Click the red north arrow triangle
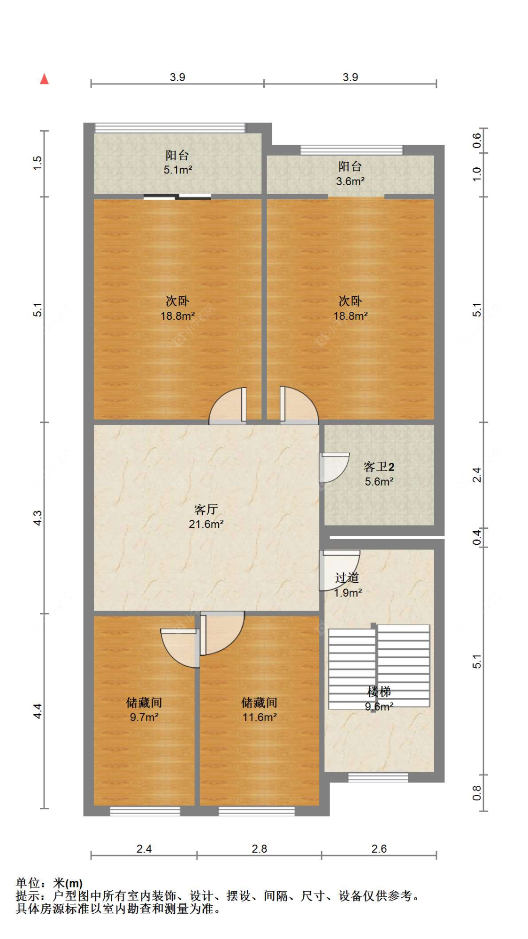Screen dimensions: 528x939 point(45,79)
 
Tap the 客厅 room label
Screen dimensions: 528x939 point(206,509)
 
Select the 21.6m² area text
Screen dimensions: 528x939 point(206,524)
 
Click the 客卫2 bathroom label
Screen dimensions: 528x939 point(379,466)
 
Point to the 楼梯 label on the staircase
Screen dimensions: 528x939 point(379,691)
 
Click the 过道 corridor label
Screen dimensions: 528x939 point(347,578)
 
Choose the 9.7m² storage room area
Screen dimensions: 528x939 point(144,717)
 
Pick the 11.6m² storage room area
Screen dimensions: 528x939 point(260,717)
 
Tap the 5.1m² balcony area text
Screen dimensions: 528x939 point(178,170)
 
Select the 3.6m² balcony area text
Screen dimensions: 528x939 point(351,181)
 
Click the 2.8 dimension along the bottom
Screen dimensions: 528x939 point(260,849)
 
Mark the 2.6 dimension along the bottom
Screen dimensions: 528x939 point(379,849)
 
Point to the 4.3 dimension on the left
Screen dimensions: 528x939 point(38,518)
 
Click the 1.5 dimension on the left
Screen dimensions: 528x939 point(38,163)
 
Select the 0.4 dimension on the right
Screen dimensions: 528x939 point(477,537)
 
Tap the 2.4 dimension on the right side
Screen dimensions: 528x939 point(477,475)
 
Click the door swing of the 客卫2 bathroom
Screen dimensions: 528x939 point(334,467)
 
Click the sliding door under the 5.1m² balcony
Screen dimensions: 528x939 point(177,197)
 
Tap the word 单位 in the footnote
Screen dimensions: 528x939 point(28,883)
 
